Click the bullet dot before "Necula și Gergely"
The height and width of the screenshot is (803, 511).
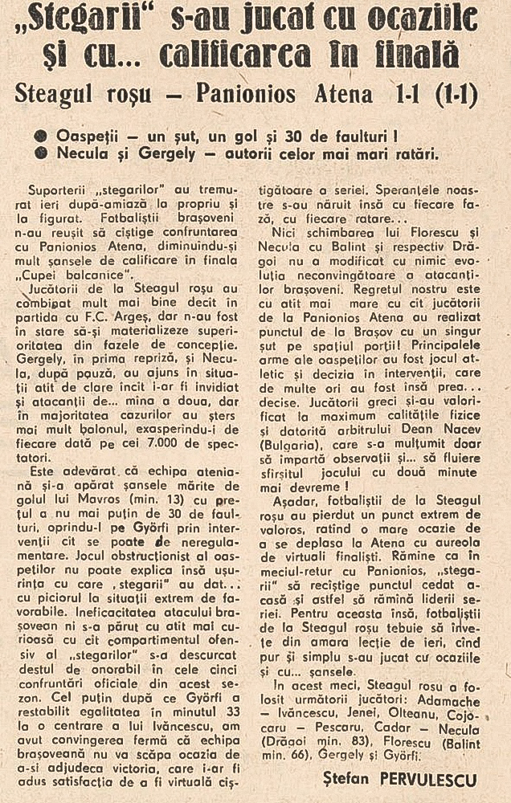coord(39,153)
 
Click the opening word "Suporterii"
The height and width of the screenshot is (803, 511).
coord(55,194)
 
